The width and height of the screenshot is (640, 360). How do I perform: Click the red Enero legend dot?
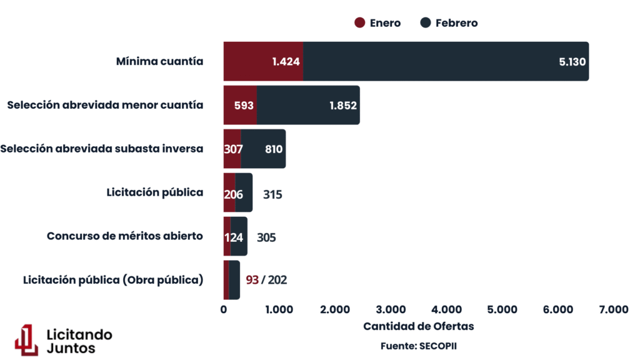pyautogui.click(x=359, y=23)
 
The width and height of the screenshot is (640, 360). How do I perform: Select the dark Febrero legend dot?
pyautogui.click(x=426, y=23)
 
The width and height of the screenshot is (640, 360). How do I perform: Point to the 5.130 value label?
pyautogui.click(x=572, y=61)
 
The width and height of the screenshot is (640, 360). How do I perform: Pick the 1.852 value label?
pyautogui.click(x=343, y=105)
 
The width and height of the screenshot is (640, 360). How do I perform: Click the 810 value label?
pyautogui.click(x=273, y=149)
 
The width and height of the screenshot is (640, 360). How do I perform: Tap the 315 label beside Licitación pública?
pyautogui.click(x=272, y=194)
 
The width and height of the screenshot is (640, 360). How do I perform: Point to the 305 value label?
pyautogui.click(x=266, y=237)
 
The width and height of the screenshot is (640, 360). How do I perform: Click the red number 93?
pyautogui.click(x=252, y=280)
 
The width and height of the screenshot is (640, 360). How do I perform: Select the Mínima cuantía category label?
pyautogui.click(x=159, y=61)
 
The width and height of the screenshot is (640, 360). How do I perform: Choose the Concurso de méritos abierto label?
pyautogui.click(x=125, y=236)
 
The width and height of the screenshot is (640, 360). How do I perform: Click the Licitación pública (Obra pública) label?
pyautogui.click(x=113, y=280)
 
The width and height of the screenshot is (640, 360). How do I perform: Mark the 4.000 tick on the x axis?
pyautogui.click(x=446, y=309)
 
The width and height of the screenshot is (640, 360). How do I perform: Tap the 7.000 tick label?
pyautogui.click(x=613, y=309)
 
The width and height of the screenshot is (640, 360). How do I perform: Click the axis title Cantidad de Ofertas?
pyautogui.click(x=418, y=326)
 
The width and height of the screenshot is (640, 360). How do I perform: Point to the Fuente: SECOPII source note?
pyautogui.click(x=418, y=345)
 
